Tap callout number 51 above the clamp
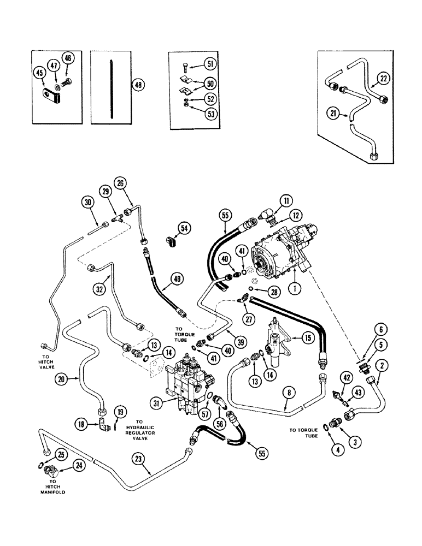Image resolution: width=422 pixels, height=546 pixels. (x=210, y=64)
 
